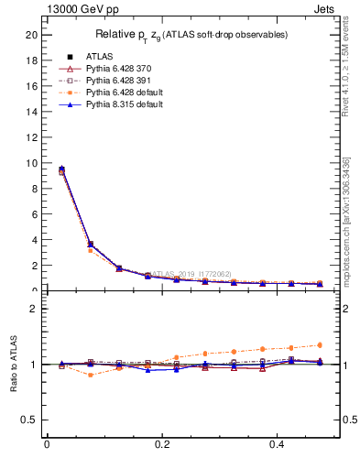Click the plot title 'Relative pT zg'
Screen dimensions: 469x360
coord(192,35)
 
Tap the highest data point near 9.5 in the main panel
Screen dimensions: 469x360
coord(61,169)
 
